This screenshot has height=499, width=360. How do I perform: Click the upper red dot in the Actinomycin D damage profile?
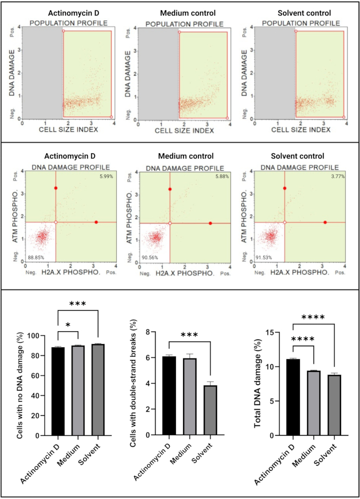click(56, 188)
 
